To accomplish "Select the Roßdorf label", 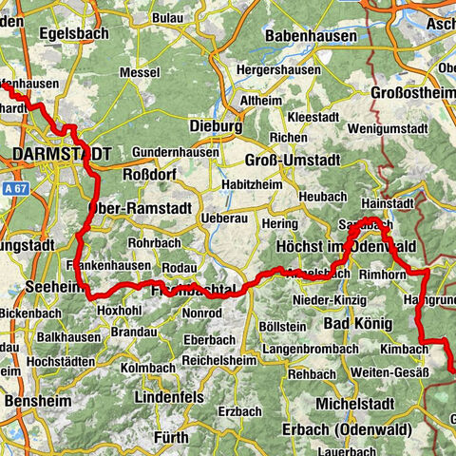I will (x=150, y=174).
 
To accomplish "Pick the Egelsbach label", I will (x=71, y=32).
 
